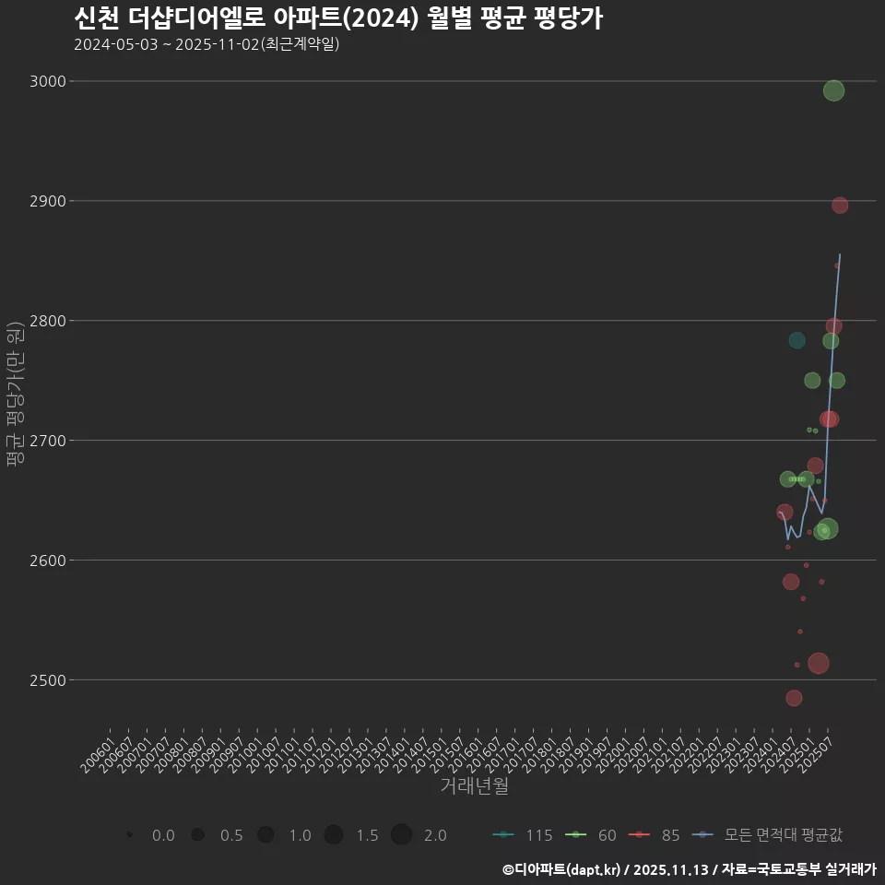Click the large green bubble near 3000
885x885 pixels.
coord(833,90)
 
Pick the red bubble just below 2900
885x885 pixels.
coord(840,206)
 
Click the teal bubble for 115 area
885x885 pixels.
coord(796,340)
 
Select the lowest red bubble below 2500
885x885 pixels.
coord(794,698)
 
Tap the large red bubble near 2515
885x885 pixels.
coord(818,663)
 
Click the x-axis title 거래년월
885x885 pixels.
coord(474,785)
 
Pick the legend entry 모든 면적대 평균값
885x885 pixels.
coord(771,835)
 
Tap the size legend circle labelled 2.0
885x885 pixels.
coord(401,835)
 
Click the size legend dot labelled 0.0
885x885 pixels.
coord(130,835)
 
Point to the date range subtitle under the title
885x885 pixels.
coord(206,44)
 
